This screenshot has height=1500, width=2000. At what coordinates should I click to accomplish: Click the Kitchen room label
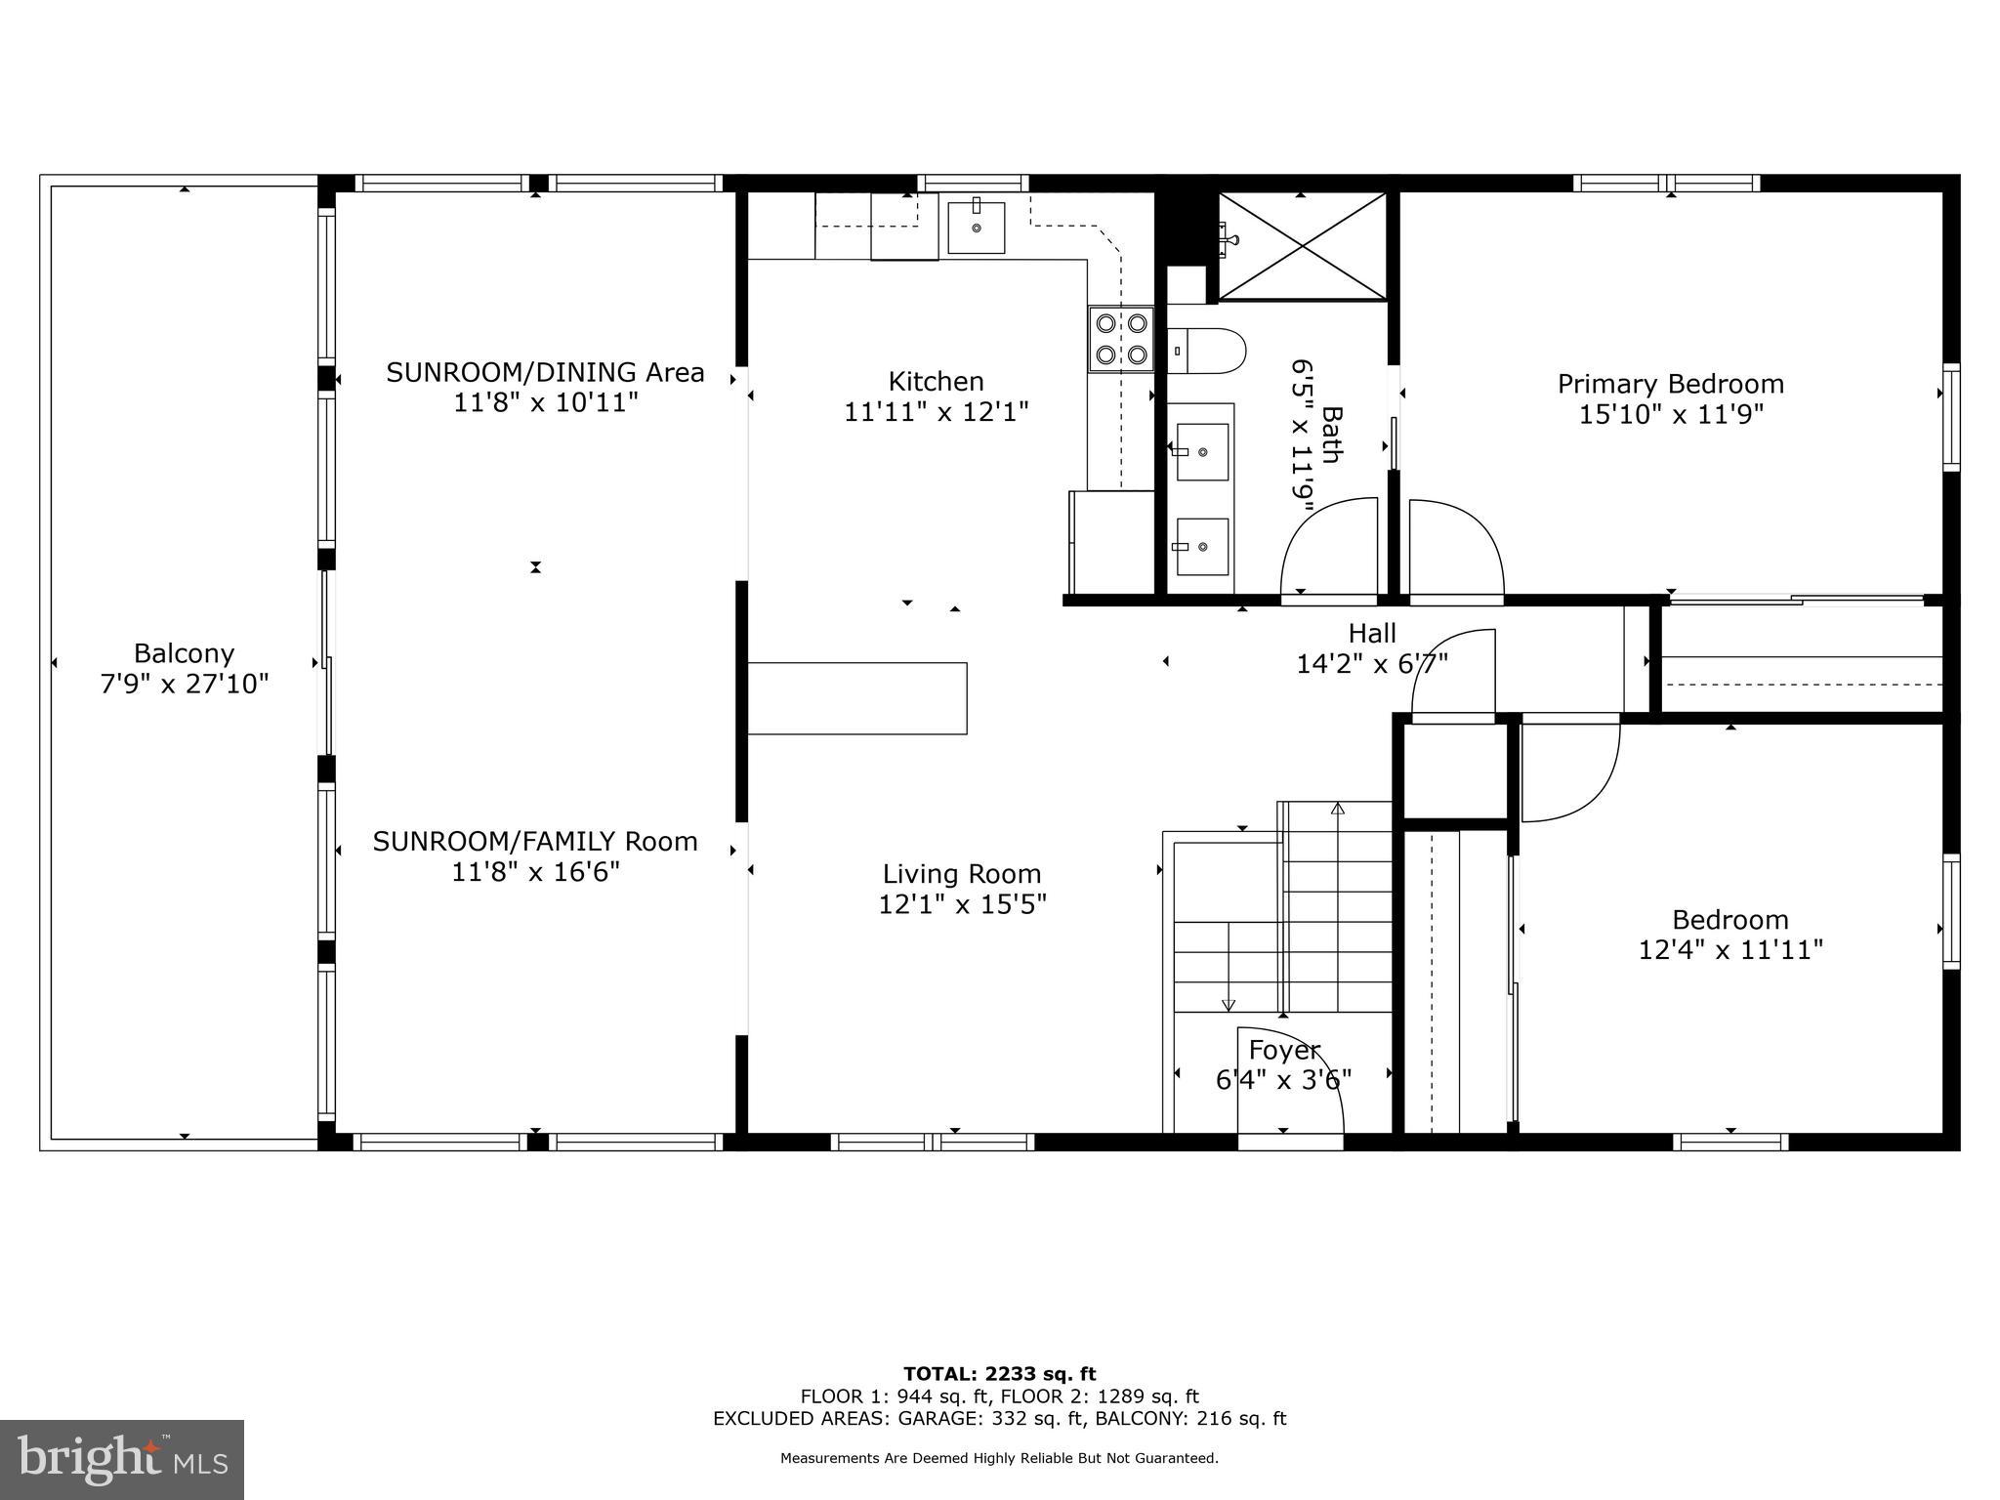tap(936, 381)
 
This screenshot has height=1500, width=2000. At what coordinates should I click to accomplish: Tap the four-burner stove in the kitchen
tap(1121, 338)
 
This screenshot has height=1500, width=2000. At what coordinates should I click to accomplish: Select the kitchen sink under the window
tap(976, 228)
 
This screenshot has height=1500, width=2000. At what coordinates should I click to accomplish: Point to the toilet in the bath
tap(1207, 351)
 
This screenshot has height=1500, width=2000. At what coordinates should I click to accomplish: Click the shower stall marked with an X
tap(1303, 245)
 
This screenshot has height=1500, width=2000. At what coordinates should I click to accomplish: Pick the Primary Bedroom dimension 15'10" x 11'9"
tap(1670, 414)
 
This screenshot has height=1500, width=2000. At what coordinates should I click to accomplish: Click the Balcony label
tap(184, 653)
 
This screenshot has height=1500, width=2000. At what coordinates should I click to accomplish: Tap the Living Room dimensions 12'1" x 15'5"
tap(962, 904)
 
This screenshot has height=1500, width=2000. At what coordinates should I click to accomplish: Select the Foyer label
tap(1283, 1050)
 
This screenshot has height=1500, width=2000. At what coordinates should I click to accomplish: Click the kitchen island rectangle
tap(857, 697)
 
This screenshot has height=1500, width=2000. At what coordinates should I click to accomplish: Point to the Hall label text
tap(1371, 633)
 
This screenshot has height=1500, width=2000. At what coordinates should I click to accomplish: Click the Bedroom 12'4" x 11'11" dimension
tap(1729, 949)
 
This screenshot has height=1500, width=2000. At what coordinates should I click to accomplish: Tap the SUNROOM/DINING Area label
tap(545, 372)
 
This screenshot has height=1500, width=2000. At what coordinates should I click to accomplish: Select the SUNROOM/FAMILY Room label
tap(535, 841)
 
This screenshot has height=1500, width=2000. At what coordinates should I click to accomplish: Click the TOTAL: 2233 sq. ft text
tap(999, 1374)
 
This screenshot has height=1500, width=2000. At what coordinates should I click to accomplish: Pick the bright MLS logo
tap(122, 1459)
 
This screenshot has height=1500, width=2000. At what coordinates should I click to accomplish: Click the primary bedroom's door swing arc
tap(1455, 547)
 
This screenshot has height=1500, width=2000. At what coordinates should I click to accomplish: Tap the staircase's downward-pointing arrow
tap(1229, 1004)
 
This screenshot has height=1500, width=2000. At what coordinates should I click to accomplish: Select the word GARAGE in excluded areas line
tap(940, 1419)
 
